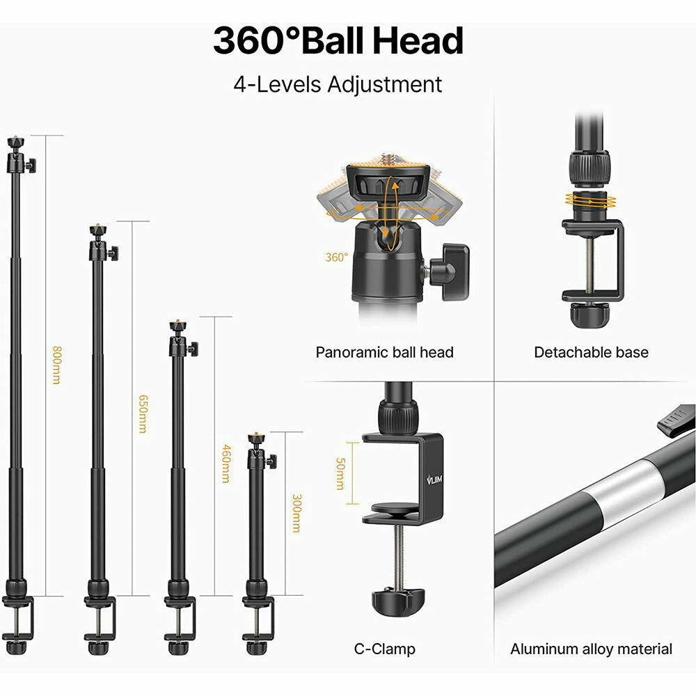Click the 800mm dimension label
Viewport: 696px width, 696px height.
(x=56, y=365)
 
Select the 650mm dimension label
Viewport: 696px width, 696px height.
(x=143, y=413)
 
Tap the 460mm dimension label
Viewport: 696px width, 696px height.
(x=226, y=463)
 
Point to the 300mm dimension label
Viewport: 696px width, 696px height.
(x=296, y=513)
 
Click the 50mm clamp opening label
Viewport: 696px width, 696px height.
(x=340, y=473)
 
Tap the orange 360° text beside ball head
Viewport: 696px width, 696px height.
(x=336, y=258)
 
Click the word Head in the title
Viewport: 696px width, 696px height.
(x=418, y=41)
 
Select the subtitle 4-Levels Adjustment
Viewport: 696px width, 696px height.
(x=338, y=84)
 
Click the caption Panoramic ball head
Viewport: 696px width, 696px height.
(x=384, y=352)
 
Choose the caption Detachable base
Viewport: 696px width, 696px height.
(x=591, y=352)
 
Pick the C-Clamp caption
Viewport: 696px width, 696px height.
(x=384, y=649)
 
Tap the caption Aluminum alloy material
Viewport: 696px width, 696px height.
(x=591, y=649)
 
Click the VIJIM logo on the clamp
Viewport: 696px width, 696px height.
(x=434, y=480)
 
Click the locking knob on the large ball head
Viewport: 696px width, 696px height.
(x=449, y=270)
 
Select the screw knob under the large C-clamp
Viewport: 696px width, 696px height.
(x=398, y=601)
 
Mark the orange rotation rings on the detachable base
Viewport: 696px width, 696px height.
(x=590, y=200)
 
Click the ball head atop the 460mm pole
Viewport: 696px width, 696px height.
(x=182, y=339)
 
